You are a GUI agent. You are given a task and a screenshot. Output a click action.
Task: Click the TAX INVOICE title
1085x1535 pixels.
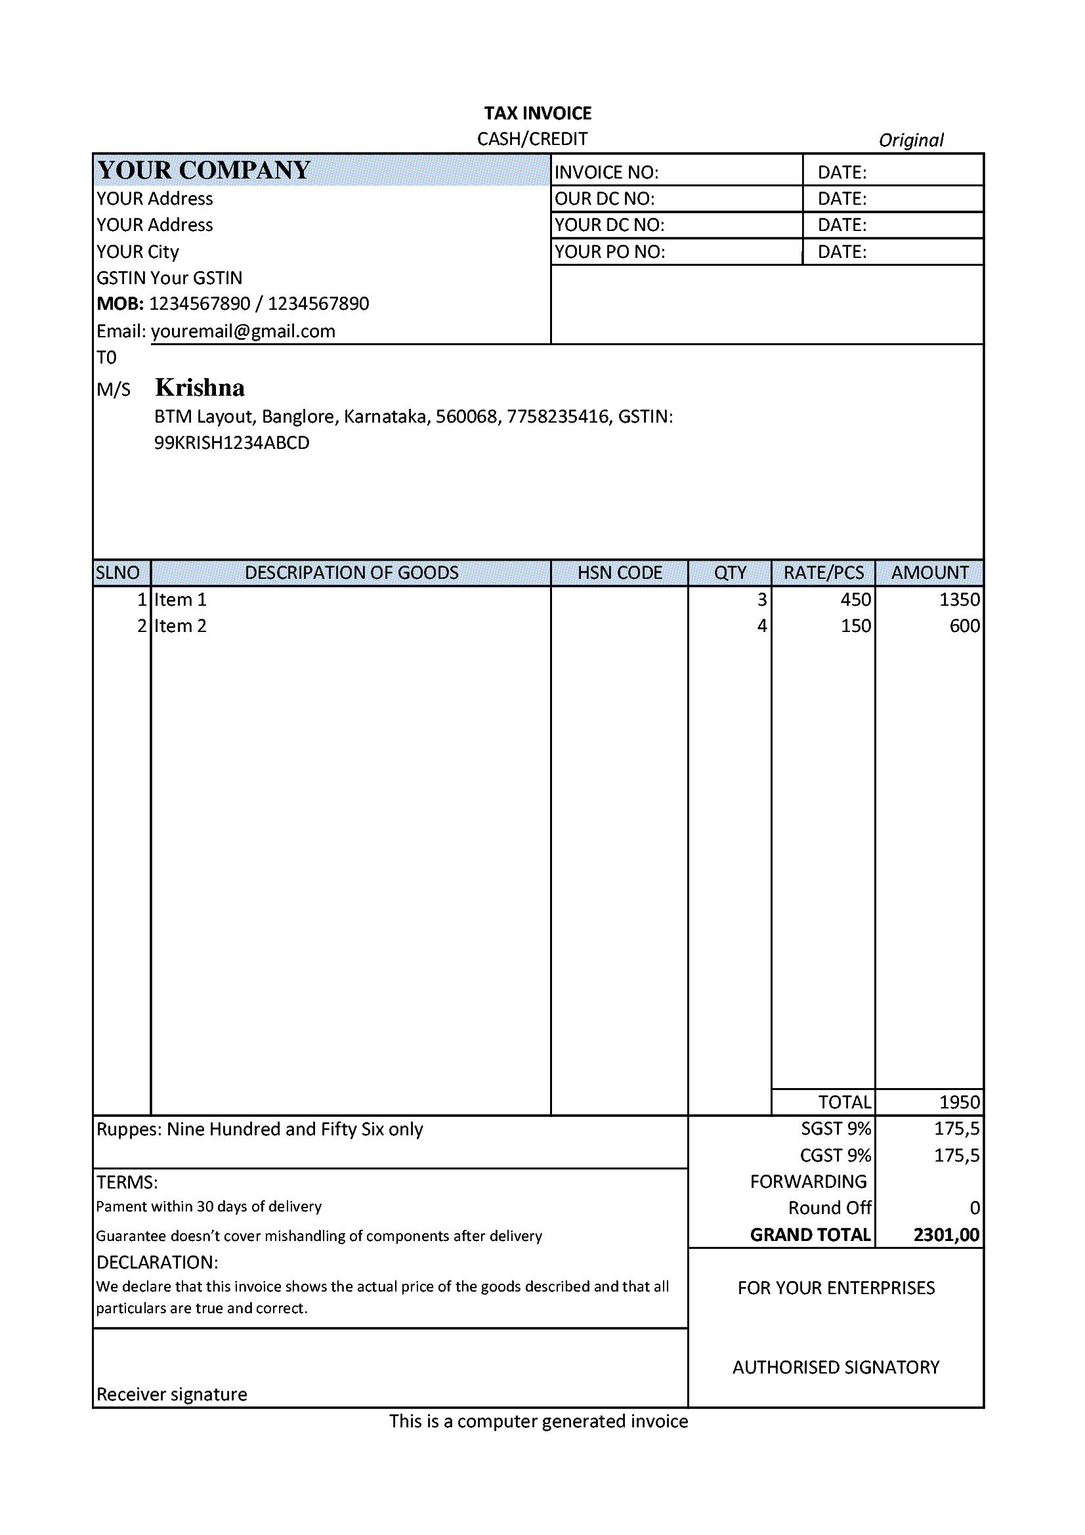tap(538, 113)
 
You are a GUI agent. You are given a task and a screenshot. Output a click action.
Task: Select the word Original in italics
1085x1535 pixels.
tap(910, 140)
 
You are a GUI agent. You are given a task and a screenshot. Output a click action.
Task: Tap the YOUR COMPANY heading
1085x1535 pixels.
tap(203, 171)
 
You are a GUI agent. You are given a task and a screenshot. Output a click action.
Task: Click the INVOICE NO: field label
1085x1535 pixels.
tap(606, 173)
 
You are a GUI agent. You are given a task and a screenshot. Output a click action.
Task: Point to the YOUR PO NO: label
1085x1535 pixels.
tap(610, 252)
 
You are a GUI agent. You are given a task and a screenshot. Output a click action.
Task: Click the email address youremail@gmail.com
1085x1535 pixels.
tap(243, 331)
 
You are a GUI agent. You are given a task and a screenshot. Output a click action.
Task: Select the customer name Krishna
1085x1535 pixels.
tap(200, 388)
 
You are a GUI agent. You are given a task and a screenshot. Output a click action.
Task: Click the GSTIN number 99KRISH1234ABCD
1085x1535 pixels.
tap(232, 443)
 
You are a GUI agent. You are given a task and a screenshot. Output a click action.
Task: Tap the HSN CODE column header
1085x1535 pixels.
tap(620, 573)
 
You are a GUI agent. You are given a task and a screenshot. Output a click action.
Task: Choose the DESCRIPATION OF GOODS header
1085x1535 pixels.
tap(352, 573)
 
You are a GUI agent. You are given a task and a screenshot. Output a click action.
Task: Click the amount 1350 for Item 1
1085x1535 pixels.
tap(960, 600)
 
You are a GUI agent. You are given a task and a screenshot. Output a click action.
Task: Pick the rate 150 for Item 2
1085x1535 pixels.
tap(856, 627)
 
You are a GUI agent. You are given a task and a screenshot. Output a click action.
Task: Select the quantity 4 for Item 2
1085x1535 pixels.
tap(761, 627)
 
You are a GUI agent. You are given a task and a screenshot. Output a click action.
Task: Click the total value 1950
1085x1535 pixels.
tap(960, 1103)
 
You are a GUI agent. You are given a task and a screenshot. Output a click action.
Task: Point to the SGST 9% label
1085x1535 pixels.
tap(836, 1129)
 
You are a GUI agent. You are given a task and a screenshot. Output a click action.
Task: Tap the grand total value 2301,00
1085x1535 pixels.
tap(946, 1235)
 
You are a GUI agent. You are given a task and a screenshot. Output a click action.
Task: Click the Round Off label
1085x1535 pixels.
tap(830, 1208)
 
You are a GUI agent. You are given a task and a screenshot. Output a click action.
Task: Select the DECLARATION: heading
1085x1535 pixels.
tap(157, 1262)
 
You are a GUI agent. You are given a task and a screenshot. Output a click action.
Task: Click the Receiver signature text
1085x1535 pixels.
tap(172, 1395)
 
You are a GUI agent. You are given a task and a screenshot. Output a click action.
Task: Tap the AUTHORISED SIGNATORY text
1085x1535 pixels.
tap(836, 1368)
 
